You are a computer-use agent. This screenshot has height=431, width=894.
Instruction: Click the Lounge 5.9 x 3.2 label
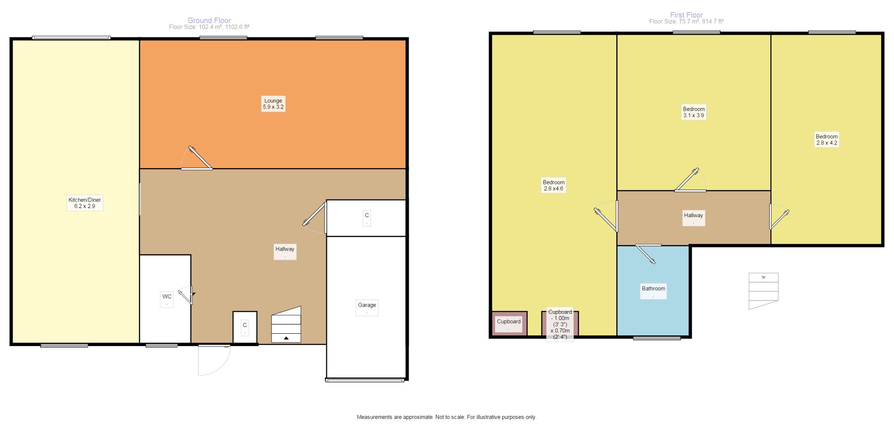tap(273, 104)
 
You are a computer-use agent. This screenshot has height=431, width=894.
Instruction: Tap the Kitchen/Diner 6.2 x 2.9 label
tap(84, 203)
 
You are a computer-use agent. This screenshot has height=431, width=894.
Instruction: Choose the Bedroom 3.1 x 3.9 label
tap(694, 112)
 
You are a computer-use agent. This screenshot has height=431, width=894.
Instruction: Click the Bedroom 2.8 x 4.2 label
tap(827, 140)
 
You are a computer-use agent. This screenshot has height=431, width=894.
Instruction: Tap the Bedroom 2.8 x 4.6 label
tap(554, 185)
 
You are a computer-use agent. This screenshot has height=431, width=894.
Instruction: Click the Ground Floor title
tap(209, 21)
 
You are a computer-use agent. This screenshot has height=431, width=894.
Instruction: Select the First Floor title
tap(687, 15)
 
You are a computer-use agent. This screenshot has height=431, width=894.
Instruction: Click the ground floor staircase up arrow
tap(286, 338)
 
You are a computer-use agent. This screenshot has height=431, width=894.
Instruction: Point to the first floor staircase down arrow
tap(763, 278)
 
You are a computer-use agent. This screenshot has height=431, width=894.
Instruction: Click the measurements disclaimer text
tap(447, 417)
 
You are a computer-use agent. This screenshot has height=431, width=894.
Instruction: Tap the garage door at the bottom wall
tap(365, 380)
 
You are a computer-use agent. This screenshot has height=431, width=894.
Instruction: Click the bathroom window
tap(657, 338)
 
